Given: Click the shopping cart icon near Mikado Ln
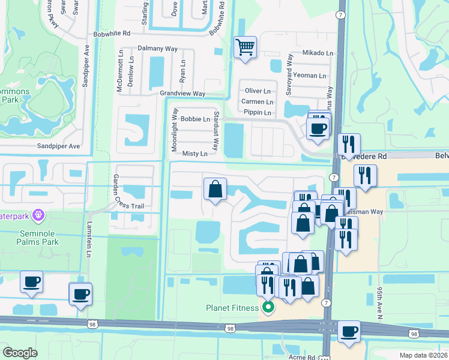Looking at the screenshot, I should click(x=245, y=46).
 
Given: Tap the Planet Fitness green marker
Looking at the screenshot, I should click(x=268, y=308).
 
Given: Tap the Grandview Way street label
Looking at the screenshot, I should click(x=182, y=94).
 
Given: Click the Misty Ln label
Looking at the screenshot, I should click(x=194, y=154).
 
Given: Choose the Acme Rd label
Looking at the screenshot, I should click(x=302, y=356).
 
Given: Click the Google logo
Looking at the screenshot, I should click(x=20, y=352).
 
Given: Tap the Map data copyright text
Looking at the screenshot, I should click(x=424, y=355).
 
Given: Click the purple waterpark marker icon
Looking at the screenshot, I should click(x=38, y=214).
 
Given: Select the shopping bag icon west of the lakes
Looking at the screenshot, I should click(x=215, y=189).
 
